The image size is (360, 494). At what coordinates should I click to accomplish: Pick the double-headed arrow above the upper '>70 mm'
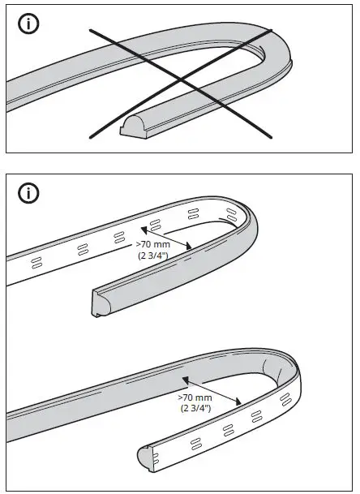[x=165, y=233]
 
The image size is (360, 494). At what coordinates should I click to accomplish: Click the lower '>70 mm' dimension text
[x=195, y=397]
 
